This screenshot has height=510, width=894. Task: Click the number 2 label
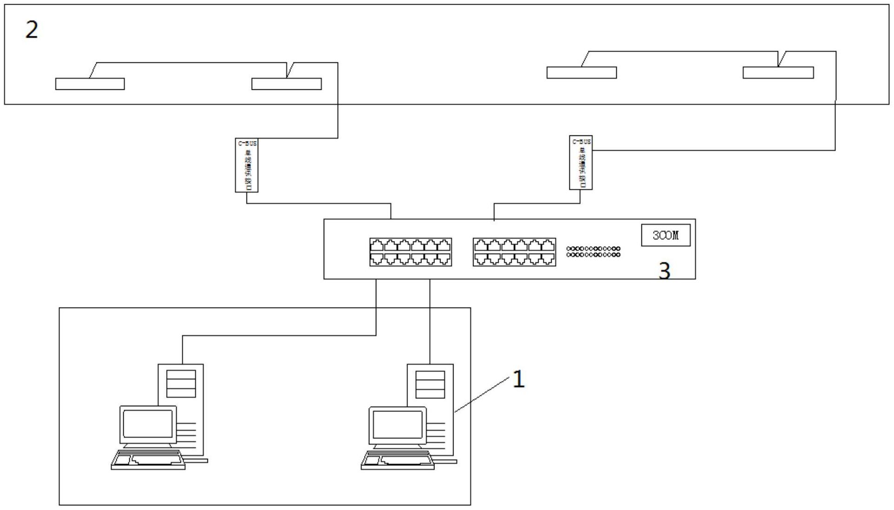click(32, 30)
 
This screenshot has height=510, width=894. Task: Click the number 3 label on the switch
click(665, 271)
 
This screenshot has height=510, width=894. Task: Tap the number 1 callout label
click(518, 379)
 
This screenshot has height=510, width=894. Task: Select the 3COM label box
click(665, 235)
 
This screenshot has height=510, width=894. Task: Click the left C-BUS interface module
click(247, 165)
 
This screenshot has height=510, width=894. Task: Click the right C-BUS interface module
click(580, 163)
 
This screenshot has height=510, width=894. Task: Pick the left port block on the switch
click(410, 252)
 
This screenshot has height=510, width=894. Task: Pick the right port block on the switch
click(514, 252)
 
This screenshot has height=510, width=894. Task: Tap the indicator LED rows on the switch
click(593, 252)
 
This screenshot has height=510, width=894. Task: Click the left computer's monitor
click(148, 424)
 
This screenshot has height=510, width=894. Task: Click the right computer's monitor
click(397, 425)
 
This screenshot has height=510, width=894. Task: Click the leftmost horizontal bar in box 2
click(90, 84)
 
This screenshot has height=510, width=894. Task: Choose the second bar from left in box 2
click(287, 84)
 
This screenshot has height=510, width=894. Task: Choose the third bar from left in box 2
click(581, 73)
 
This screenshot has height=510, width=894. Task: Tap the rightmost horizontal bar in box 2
click(778, 73)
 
